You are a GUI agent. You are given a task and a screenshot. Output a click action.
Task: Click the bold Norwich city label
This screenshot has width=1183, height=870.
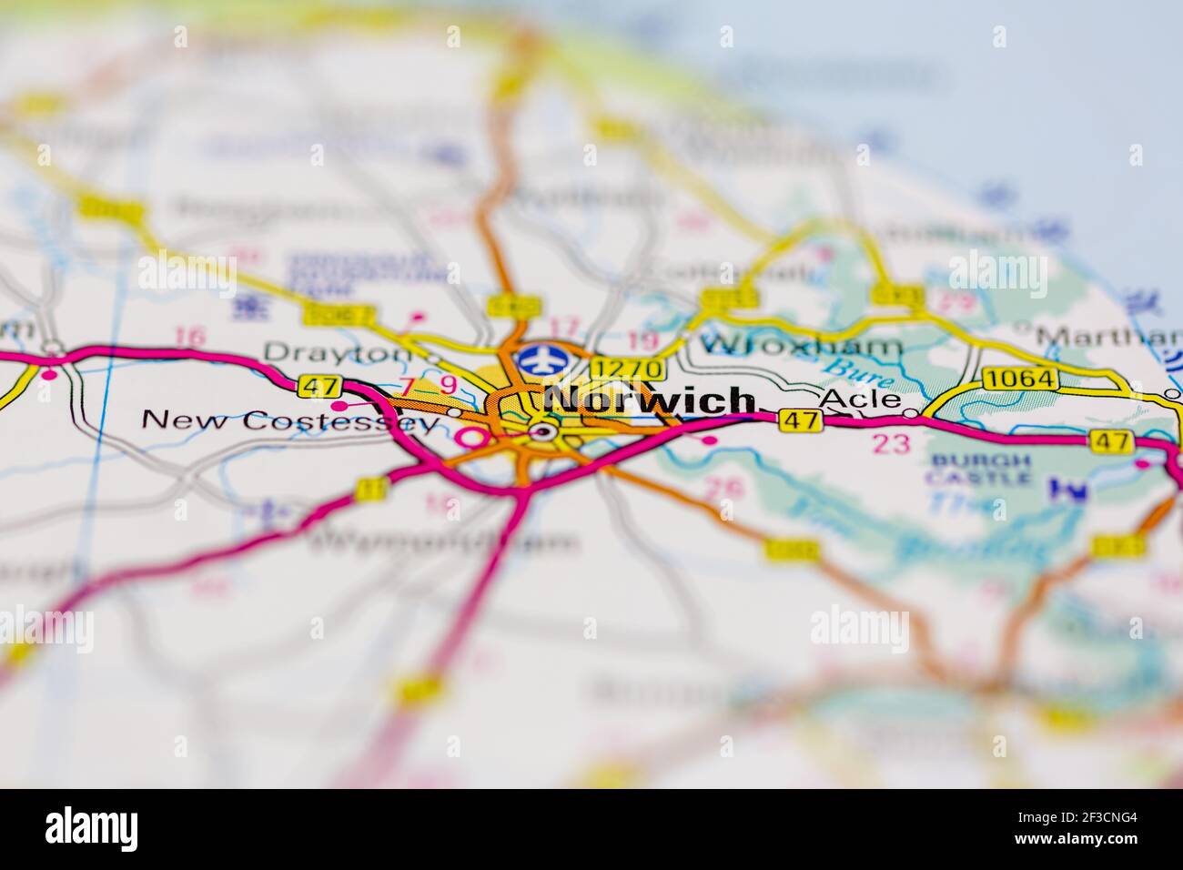pyautogui.click(x=652, y=401)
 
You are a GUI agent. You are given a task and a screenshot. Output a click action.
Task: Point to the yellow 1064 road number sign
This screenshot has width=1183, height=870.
pyautogui.click(x=1020, y=378)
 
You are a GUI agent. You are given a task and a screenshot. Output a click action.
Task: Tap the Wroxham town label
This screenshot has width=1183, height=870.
pyautogui.click(x=801, y=346)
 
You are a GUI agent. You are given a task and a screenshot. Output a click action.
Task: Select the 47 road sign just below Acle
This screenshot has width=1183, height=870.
pyautogui.click(x=800, y=420)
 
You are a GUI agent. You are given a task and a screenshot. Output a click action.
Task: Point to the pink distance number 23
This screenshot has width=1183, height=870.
pyautogui.click(x=890, y=444)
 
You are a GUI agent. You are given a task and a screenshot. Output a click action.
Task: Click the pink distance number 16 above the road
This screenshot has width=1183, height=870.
pyautogui.click(x=189, y=337)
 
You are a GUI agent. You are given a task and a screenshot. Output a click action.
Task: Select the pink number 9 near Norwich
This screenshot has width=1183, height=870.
pyautogui.click(x=448, y=386)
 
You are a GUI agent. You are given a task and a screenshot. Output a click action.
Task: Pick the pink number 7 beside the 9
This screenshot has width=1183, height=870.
pyautogui.click(x=407, y=386)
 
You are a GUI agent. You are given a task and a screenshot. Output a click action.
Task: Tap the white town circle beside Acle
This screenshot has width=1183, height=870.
pyautogui.click(x=911, y=413)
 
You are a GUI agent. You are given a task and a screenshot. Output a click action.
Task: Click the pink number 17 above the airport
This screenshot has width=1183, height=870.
pyautogui.click(x=564, y=325)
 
